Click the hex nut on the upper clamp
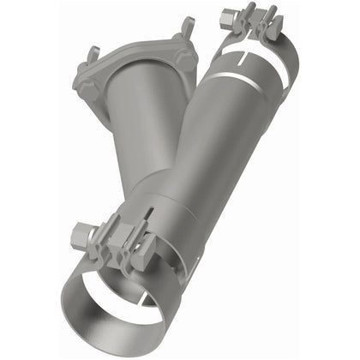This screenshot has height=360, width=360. click(x=231, y=15)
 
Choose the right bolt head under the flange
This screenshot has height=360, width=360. click(x=186, y=60)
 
